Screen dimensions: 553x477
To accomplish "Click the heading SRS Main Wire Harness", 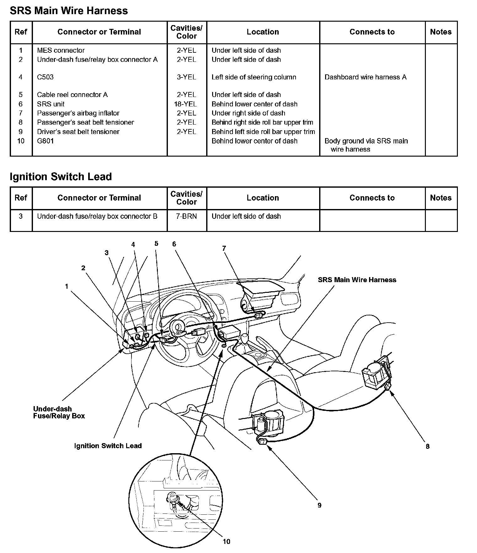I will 69,11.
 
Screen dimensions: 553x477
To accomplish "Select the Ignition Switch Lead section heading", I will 61,177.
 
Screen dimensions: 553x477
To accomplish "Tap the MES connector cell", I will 61,50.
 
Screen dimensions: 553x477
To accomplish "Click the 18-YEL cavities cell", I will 186,104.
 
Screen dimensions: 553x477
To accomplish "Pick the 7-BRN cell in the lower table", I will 186,216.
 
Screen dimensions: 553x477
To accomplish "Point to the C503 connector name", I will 45,77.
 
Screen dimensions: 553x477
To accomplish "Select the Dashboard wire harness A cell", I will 365,77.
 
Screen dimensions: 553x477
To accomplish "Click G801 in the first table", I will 45,141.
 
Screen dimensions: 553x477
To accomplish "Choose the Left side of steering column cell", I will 254,77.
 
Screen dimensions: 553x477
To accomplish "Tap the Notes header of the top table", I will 441,32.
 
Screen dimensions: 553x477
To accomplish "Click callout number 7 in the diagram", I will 224,249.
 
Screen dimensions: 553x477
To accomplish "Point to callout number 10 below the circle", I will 226,541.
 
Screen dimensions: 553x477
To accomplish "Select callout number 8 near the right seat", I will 427,446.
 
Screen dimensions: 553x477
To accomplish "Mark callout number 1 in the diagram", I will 66,286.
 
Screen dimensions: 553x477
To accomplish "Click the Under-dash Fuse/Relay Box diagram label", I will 59,412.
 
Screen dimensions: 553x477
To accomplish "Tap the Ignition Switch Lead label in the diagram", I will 108,446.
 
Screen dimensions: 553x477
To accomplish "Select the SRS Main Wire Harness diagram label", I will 357,280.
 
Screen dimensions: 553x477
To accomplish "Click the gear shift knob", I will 244,338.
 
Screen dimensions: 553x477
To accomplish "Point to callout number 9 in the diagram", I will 319,505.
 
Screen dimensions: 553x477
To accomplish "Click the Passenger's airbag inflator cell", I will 78,113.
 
